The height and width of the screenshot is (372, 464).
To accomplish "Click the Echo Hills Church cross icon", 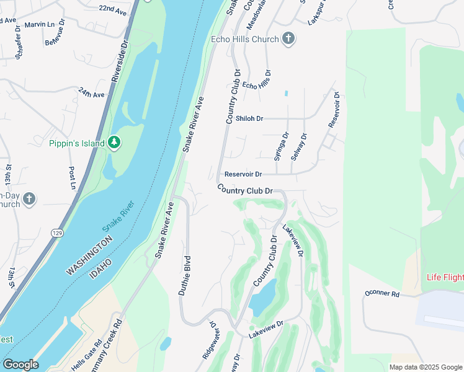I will (287, 38).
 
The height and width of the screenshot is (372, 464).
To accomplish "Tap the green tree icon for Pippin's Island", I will (114, 143).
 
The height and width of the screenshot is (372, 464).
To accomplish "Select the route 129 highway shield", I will (58, 232).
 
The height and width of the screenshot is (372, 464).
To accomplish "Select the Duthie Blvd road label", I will (184, 275).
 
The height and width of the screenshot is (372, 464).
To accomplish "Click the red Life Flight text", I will (445, 277).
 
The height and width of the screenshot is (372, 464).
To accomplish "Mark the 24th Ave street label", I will (92, 93).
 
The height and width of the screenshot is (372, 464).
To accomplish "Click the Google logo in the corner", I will (20, 365).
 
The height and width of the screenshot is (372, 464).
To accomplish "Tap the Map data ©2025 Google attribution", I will (425, 367).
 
